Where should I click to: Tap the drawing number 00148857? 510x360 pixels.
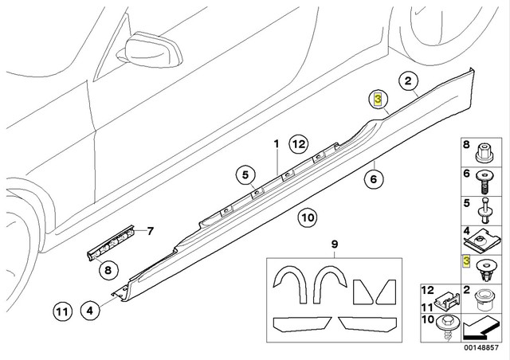(x=484, y=349)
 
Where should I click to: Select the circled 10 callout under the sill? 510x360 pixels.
(x=308, y=216)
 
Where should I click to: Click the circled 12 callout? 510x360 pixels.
(x=298, y=145)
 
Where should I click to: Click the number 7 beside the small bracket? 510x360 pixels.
(x=147, y=232)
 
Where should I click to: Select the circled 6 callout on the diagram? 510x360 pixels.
(x=371, y=180)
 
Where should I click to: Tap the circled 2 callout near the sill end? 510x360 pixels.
(x=407, y=80)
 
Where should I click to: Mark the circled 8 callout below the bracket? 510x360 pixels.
(x=106, y=270)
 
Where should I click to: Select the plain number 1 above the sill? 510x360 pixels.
(x=277, y=145)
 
